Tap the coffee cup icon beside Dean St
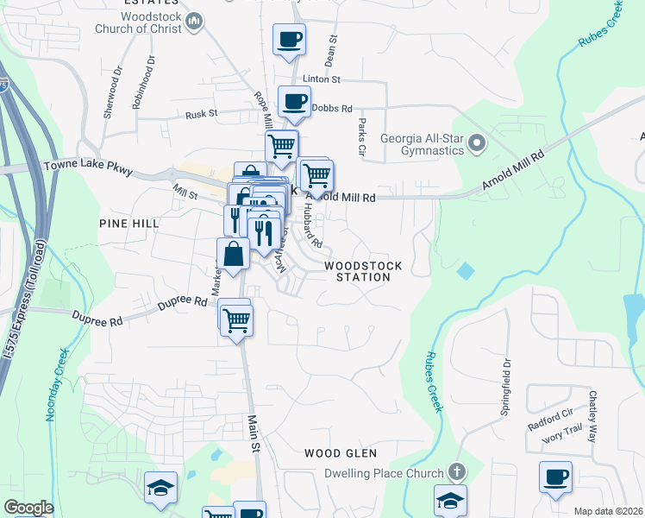[x=289, y=39]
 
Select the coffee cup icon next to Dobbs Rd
[x=294, y=101]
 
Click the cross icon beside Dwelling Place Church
[x=457, y=472]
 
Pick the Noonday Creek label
[x=53, y=385]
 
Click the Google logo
[x=28, y=508]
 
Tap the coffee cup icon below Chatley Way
[x=555, y=477]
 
